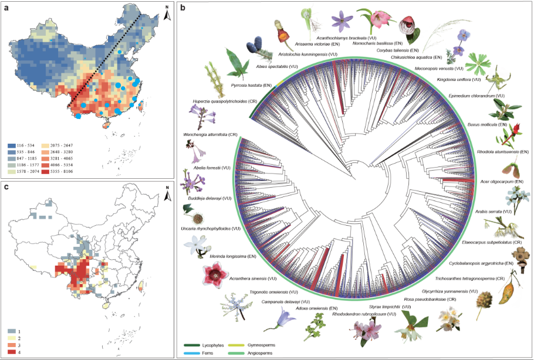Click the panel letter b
point(184,8)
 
